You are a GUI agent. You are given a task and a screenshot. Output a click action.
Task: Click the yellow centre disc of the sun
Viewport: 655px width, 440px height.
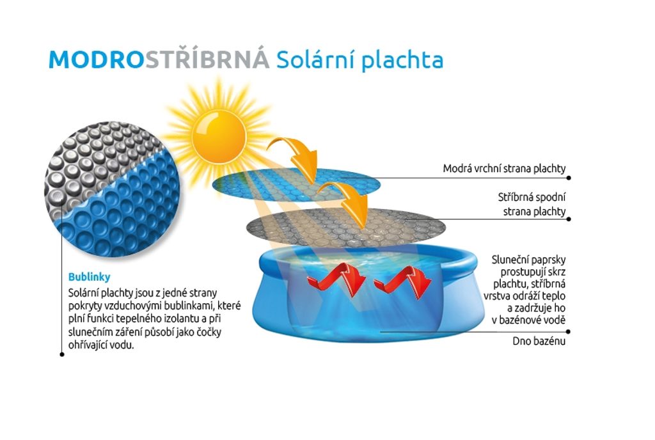click(219, 136)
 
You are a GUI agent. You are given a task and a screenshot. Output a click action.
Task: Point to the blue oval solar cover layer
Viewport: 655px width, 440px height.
click(296, 185)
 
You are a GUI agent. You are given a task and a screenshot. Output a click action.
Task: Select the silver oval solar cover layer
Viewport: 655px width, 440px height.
click(346, 228)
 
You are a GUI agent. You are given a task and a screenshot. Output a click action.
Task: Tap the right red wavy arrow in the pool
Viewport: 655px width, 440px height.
click(403, 282)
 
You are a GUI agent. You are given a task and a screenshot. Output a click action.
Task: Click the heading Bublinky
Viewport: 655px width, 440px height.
click(90, 277)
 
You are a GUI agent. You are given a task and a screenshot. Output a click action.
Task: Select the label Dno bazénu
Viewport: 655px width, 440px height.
click(539, 341)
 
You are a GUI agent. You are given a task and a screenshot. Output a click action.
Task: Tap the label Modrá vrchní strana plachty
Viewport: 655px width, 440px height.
click(504, 169)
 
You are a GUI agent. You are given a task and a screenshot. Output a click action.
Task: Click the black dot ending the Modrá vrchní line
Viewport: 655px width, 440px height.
click(569, 178)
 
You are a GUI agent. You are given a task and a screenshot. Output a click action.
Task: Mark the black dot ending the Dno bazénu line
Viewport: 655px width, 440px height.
click(569, 332)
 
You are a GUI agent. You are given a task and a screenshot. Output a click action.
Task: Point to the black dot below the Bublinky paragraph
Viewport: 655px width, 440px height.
click(62, 354)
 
